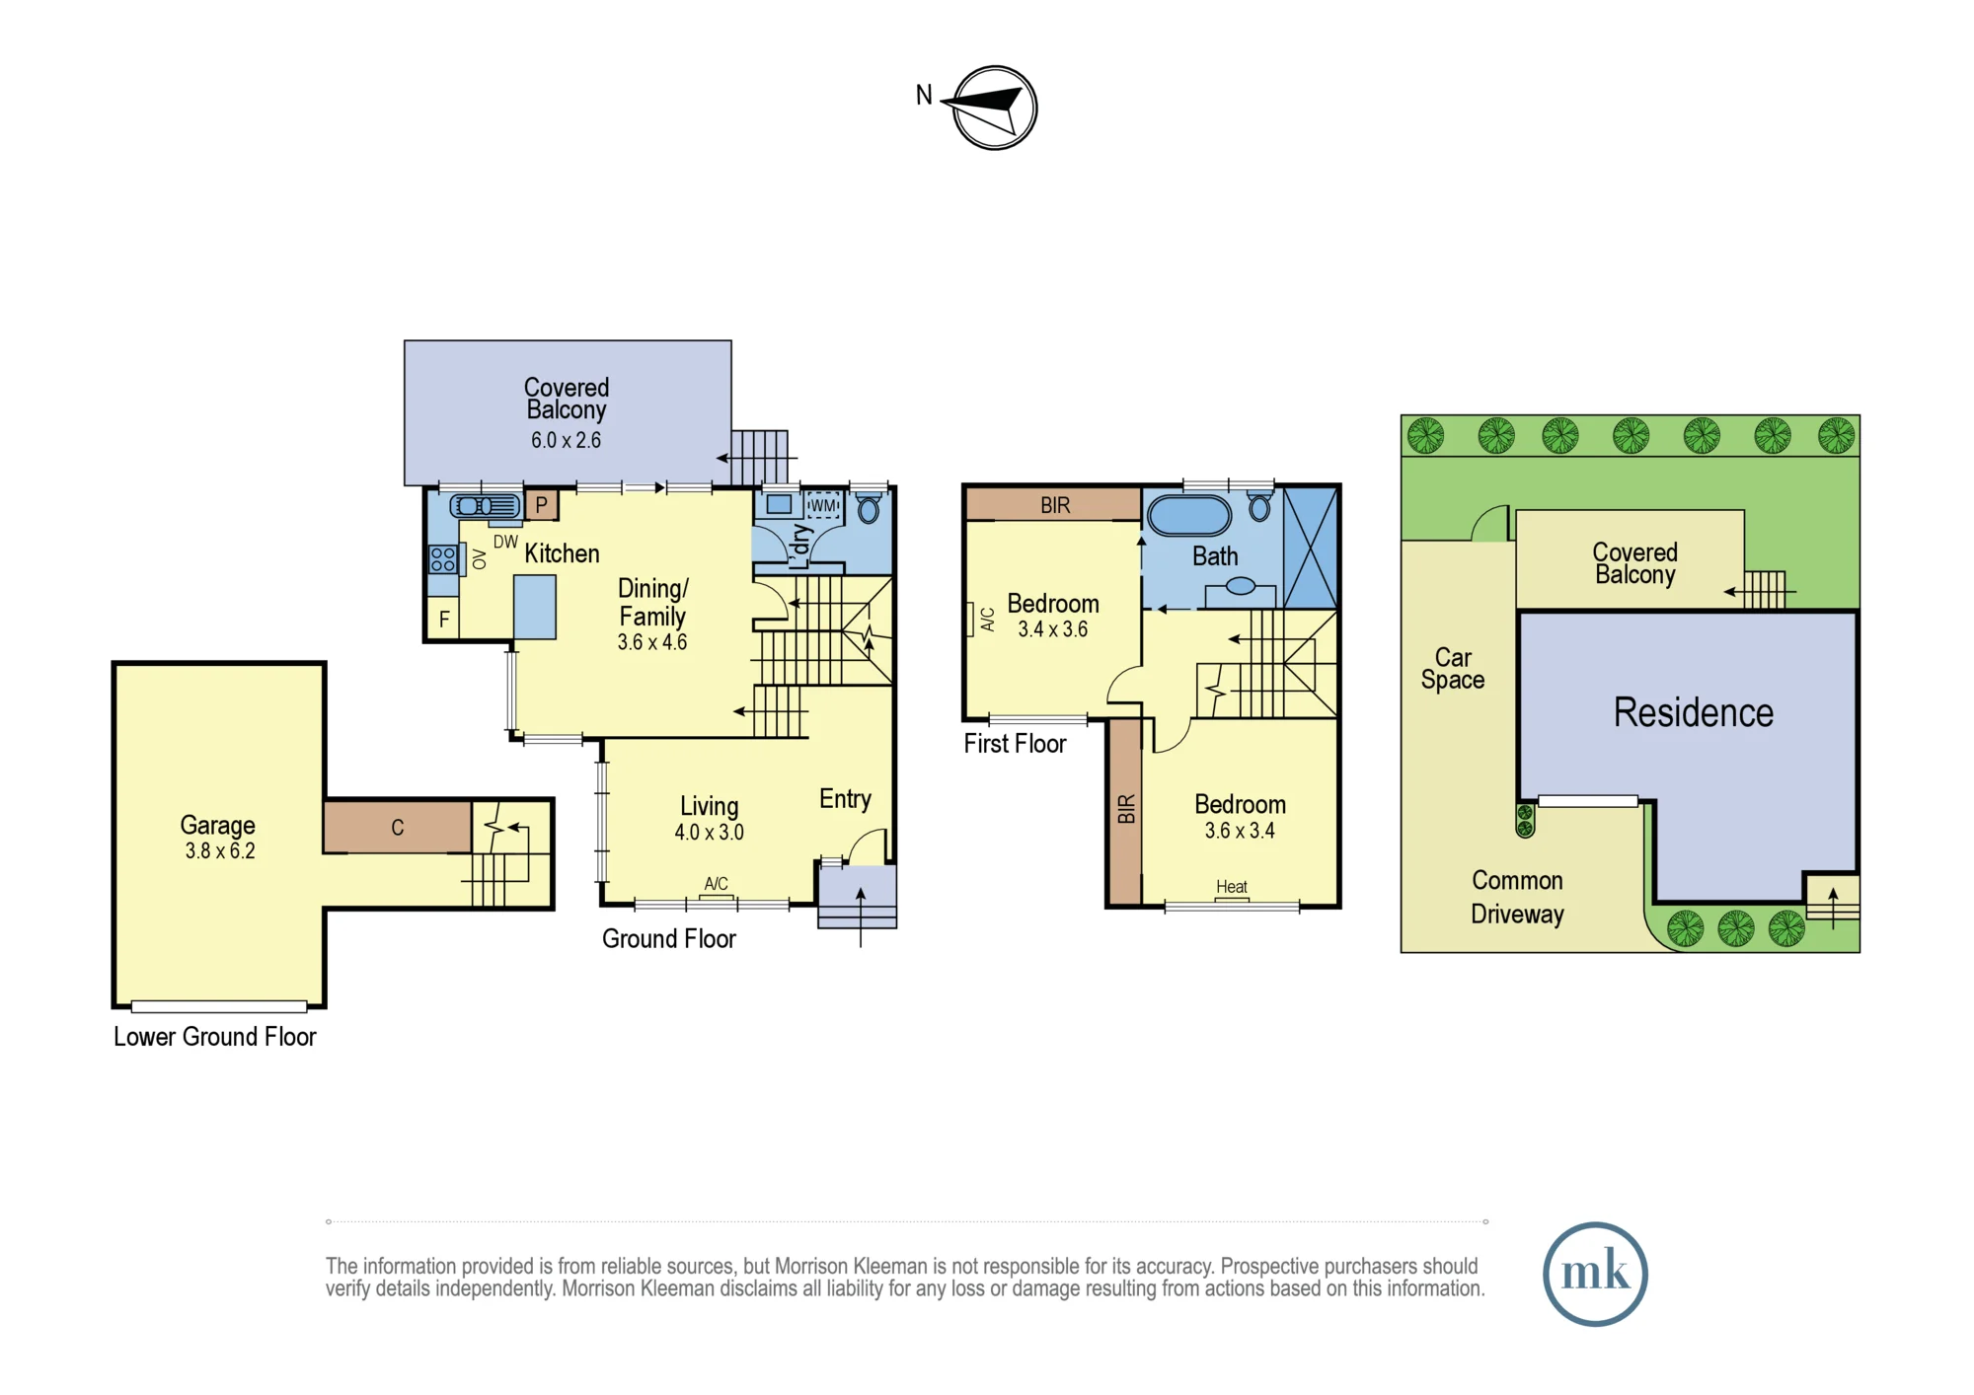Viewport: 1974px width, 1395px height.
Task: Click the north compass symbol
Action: click(x=994, y=108)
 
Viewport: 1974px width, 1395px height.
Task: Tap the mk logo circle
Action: click(x=1595, y=1274)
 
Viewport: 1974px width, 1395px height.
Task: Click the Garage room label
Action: click(x=217, y=825)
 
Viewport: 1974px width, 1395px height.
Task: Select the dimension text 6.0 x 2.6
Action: click(x=566, y=440)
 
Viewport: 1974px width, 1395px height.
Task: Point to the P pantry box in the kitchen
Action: click(x=541, y=505)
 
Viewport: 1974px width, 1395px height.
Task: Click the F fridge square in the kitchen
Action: click(x=444, y=619)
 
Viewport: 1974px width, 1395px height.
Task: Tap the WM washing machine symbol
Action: click(x=823, y=506)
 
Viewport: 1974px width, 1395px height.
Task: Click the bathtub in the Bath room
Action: click(x=1189, y=516)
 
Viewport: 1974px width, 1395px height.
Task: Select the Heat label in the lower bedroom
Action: click(x=1232, y=887)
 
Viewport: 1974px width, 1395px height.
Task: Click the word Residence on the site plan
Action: click(x=1693, y=712)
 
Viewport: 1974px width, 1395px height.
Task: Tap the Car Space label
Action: click(x=1453, y=669)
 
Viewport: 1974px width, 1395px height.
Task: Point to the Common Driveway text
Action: click(x=1517, y=897)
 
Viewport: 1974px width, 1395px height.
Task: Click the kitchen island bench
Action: click(x=534, y=608)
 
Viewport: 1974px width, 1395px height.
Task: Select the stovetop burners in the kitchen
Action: click(x=443, y=560)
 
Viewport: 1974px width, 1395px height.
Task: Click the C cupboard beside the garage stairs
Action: click(x=397, y=827)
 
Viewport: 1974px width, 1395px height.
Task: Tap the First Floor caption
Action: click(x=1015, y=744)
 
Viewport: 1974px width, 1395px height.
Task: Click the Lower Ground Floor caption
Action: click(x=214, y=1037)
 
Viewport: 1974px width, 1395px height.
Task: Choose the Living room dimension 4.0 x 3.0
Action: click(x=709, y=832)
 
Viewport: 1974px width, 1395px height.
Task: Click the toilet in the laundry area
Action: click(x=869, y=507)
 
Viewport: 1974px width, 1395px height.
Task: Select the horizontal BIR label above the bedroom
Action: click(x=1055, y=505)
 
